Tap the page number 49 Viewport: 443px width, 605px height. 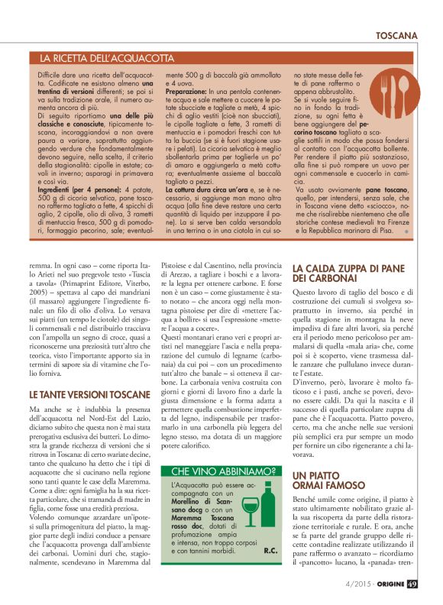click(412, 586)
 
